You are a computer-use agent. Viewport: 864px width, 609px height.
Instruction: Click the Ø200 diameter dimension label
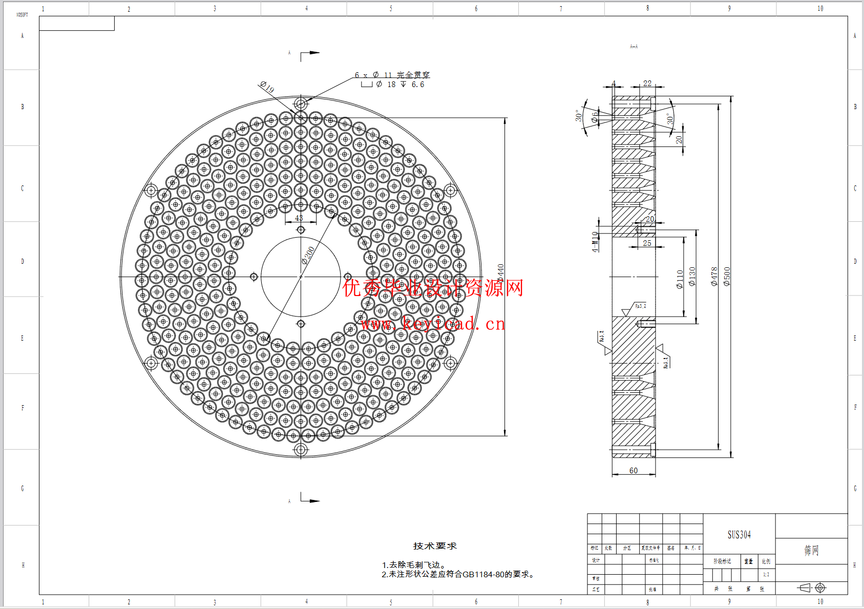[308, 255]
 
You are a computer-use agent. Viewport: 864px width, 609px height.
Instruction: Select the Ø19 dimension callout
[267, 87]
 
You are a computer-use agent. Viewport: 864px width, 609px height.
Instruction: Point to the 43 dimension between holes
[299, 218]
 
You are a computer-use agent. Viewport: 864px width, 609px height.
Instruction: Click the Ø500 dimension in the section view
[727, 276]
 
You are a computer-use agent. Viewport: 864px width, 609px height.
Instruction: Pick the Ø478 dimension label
[714, 276]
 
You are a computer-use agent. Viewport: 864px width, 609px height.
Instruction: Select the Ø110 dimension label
[680, 279]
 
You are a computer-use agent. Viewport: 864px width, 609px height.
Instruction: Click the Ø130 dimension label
[692, 276]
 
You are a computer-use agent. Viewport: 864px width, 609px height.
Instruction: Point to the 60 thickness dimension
[634, 470]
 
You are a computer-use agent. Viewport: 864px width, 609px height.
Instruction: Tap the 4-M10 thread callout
[595, 242]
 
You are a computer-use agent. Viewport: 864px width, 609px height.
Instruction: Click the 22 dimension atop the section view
[647, 83]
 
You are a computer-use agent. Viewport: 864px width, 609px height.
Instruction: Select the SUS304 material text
[739, 535]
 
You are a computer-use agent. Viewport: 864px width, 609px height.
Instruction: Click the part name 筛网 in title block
[811, 551]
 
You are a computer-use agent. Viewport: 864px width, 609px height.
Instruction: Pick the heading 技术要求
[435, 546]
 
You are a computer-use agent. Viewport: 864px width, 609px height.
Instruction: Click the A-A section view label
[634, 47]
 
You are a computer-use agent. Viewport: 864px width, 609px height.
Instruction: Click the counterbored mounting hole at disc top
[301, 104]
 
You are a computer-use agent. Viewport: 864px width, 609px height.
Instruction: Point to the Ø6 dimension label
[594, 117]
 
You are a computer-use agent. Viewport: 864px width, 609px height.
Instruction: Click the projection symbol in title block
[812, 587]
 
